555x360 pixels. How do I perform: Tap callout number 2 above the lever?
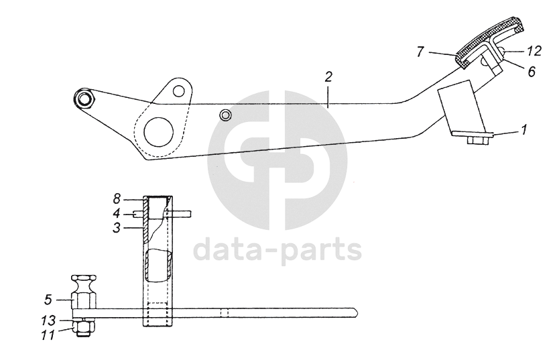pos(328,77)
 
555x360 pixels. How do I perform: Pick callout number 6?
pos(531,70)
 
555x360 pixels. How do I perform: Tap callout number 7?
pos(420,51)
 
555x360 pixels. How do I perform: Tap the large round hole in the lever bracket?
pos(158,130)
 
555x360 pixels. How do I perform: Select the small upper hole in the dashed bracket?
pos(178,89)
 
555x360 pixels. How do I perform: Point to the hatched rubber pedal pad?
pos(489,43)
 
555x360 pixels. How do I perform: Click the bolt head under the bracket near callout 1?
pos(475,140)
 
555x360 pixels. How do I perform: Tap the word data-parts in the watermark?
pos(277,251)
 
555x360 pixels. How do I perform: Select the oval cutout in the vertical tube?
pos(159,264)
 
